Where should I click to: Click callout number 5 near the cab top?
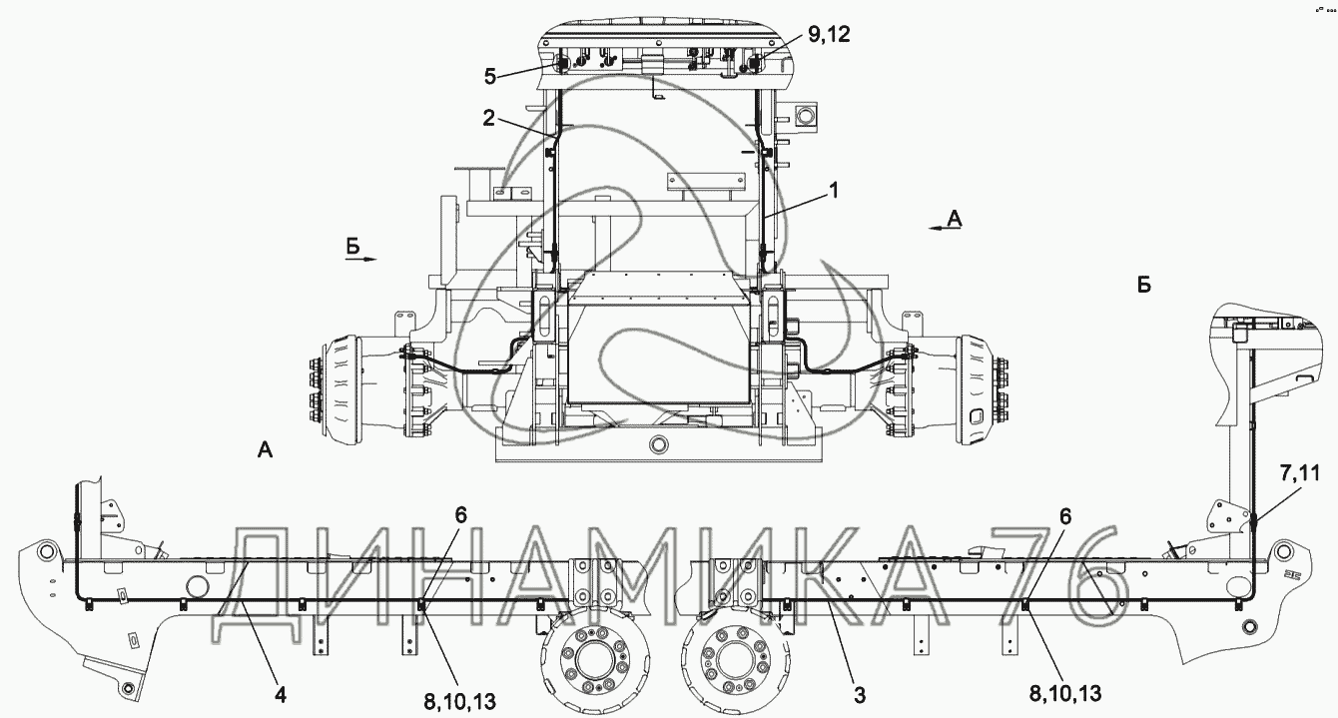[490, 77]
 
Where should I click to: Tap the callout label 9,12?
[829, 34]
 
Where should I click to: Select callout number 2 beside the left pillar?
[488, 118]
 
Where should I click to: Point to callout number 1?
[834, 191]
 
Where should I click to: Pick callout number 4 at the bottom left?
[281, 695]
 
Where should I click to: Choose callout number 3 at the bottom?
[859, 695]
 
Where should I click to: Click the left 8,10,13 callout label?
[460, 702]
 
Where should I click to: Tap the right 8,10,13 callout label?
[1065, 693]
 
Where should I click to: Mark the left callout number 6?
[460, 515]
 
